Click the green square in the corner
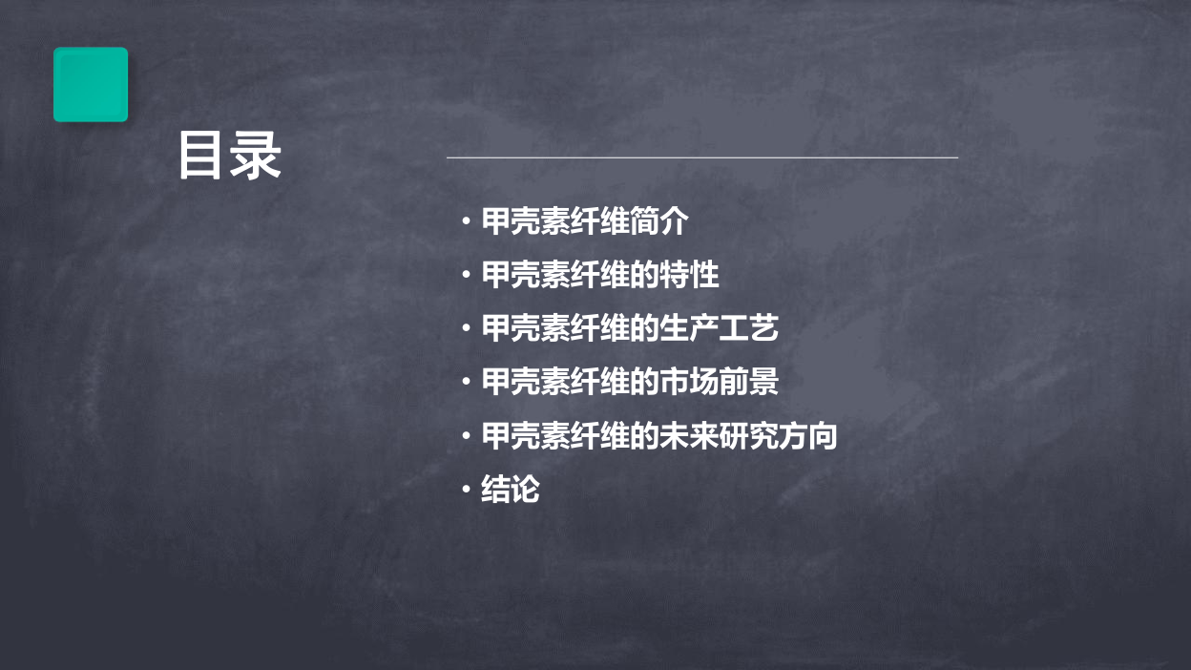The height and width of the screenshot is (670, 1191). (x=91, y=85)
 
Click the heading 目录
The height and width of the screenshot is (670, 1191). (x=229, y=156)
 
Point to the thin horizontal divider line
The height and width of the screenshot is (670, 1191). (x=701, y=157)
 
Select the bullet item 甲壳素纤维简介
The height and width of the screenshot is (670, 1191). (x=585, y=221)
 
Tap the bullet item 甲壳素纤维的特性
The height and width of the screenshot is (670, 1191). (x=600, y=275)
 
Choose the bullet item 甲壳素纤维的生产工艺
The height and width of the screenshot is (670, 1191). (x=630, y=328)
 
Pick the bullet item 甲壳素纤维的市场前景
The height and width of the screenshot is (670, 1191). (x=630, y=382)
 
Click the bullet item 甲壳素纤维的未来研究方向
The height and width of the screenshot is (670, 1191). (x=659, y=436)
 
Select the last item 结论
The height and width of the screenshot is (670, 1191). (x=511, y=490)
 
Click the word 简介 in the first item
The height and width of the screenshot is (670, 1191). (x=659, y=221)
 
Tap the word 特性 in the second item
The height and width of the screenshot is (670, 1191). (x=690, y=275)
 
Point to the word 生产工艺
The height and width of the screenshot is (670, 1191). (x=720, y=328)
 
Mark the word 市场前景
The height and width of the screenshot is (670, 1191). (x=720, y=382)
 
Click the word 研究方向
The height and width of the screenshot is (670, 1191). (x=779, y=436)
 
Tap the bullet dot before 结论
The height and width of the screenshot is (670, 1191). (x=467, y=489)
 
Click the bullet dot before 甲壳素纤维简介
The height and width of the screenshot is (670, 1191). (x=467, y=220)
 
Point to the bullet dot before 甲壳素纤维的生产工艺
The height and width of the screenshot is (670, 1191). (x=467, y=327)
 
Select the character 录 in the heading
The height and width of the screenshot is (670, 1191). (x=255, y=156)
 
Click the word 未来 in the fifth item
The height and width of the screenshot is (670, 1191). (x=690, y=436)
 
